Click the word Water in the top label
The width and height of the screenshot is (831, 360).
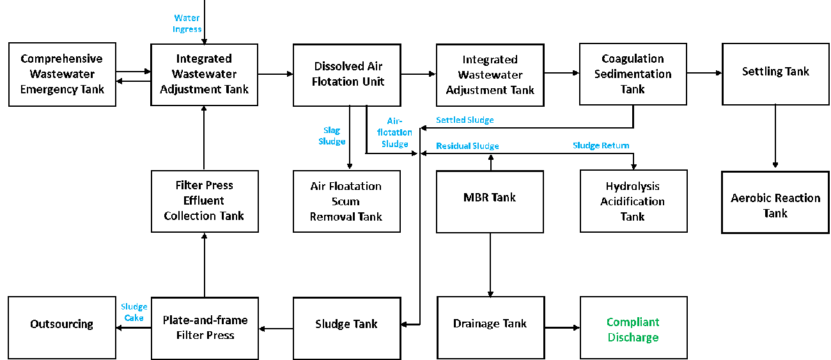(187, 18)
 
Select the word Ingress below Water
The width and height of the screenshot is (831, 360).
(187, 29)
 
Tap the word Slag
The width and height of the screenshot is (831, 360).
(332, 130)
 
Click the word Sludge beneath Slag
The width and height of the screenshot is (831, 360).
(332, 141)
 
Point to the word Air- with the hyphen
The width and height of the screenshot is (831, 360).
(395, 121)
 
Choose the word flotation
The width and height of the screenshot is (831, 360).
(394, 132)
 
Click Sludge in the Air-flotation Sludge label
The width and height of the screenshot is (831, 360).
(395, 144)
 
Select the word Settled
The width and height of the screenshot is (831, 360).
(450, 120)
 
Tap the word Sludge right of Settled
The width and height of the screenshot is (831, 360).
(480, 120)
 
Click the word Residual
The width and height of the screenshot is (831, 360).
(453, 146)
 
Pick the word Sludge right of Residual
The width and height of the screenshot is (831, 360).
(485, 146)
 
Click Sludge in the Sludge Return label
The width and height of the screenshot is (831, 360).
(586, 146)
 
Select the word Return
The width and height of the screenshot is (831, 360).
(616, 146)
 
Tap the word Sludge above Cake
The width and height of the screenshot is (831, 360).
(134, 307)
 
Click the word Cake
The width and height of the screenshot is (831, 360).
(134, 318)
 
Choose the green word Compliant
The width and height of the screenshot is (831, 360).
(633, 322)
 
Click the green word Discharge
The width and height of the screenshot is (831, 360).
(633, 338)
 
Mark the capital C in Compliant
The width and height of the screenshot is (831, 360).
(610, 322)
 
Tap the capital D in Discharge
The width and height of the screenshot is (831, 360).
(611, 338)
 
